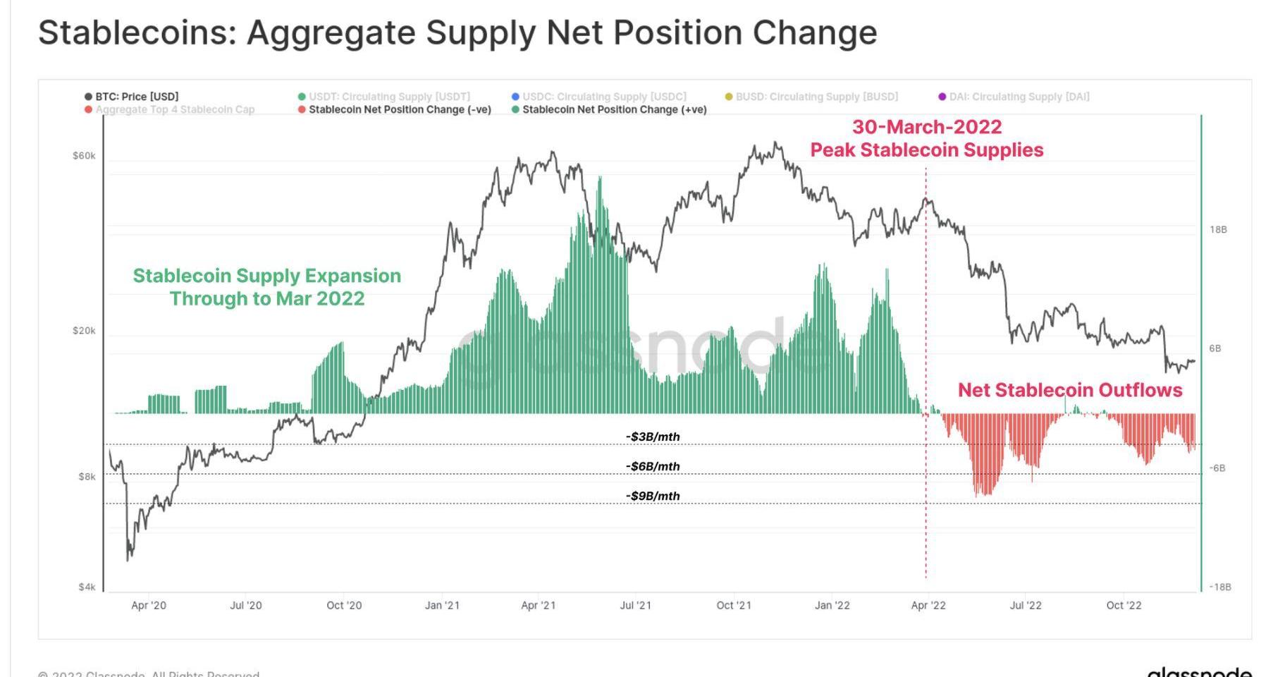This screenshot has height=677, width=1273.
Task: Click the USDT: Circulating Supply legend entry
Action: pyautogui.click(x=388, y=97)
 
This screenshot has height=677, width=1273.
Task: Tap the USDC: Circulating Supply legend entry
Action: pyautogui.click(x=603, y=97)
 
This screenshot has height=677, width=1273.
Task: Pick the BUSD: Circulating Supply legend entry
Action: pyautogui.click(x=816, y=97)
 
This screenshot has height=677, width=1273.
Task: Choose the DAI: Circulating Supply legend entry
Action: pyautogui.click(x=1019, y=97)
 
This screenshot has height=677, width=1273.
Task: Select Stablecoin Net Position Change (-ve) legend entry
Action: pyautogui.click(x=399, y=109)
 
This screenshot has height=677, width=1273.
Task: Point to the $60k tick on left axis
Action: pyautogui.click(x=84, y=156)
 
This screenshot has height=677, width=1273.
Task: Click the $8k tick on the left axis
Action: pyautogui.click(x=87, y=477)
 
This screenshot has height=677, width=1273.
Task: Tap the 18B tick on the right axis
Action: pyautogui.click(x=1218, y=230)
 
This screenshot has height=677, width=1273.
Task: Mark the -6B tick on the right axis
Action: pyautogui.click(x=1217, y=468)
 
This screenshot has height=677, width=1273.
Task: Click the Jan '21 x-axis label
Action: pyautogui.click(x=442, y=605)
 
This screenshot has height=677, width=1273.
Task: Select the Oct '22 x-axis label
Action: pyautogui.click(x=1124, y=605)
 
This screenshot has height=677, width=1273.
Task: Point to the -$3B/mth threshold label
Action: pyautogui.click(x=653, y=437)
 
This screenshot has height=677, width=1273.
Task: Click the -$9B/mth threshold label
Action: pyautogui.click(x=653, y=496)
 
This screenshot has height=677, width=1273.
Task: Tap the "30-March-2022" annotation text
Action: pyautogui.click(x=927, y=127)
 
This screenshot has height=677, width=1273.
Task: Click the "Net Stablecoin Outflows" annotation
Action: pyautogui.click(x=1069, y=390)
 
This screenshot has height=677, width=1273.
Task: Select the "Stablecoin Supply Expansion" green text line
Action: pyautogui.click(x=266, y=276)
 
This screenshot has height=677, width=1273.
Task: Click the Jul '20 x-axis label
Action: pyautogui.click(x=245, y=605)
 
